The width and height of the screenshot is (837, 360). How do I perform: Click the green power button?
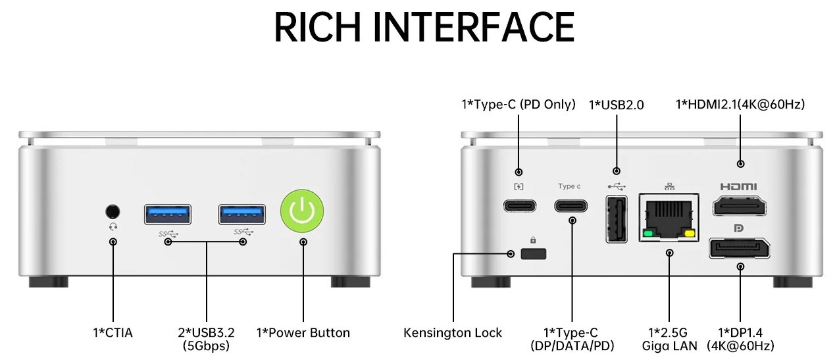pyautogui.click(x=302, y=211)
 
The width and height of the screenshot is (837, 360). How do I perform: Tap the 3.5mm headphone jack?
pyautogui.click(x=113, y=211)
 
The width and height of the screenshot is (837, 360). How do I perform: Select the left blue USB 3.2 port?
pyautogui.click(x=168, y=214)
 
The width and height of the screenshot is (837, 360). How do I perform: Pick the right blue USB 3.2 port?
pyautogui.click(x=242, y=214)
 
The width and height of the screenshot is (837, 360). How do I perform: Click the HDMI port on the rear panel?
pyautogui.click(x=740, y=207)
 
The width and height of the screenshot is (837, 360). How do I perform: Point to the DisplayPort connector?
pyautogui.click(x=740, y=248)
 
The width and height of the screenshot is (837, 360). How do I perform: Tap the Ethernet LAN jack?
pyautogui.click(x=669, y=218)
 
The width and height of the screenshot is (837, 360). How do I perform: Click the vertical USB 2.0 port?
pyautogui.click(x=616, y=219)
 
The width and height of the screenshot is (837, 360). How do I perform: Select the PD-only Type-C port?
pyautogui.click(x=519, y=205)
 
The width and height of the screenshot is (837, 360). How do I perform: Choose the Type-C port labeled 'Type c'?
pyautogui.click(x=571, y=205)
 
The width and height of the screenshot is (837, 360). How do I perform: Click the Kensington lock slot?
pyautogui.click(x=533, y=254)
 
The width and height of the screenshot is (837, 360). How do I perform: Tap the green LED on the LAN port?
pyautogui.click(x=648, y=234)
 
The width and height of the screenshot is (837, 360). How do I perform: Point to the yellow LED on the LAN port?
pyautogui.click(x=689, y=234)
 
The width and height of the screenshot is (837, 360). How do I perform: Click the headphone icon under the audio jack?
pyautogui.click(x=113, y=227)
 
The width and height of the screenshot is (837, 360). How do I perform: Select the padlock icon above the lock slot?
pyautogui.click(x=533, y=240)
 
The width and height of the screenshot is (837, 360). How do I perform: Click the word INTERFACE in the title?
pyautogui.click(x=473, y=27)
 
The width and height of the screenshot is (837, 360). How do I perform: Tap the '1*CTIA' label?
pyautogui.click(x=113, y=333)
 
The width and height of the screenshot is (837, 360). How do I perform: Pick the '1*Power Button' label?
pyautogui.click(x=303, y=333)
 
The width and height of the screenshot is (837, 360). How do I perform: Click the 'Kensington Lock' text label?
pyautogui.click(x=453, y=333)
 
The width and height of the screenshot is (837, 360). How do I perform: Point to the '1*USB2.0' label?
pyautogui.click(x=616, y=105)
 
